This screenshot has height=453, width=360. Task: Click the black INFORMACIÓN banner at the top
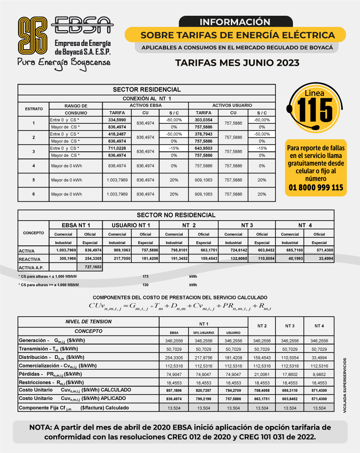point(234,22)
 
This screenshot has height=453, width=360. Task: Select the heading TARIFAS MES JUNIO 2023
point(237,63)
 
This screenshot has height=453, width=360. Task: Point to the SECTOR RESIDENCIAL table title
point(147,90)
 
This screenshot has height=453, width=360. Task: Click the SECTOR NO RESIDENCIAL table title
point(176,215)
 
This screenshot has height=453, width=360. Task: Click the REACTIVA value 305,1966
point(63,259)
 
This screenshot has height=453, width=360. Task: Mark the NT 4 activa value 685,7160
point(290,250)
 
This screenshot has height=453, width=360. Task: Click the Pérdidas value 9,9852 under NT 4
point(319,374)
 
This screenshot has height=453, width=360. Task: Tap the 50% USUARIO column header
point(203,332)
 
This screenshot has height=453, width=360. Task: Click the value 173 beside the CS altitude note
point(145,276)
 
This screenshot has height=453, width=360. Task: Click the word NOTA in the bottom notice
point(42,427)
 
